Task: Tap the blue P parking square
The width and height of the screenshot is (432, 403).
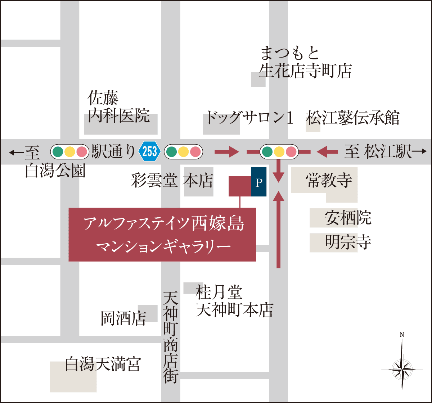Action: click(258, 182)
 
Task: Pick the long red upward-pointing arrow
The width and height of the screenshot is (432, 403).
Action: click(278, 230)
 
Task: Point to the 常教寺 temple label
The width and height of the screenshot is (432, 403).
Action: click(329, 180)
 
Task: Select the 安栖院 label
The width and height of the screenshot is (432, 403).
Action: click(348, 218)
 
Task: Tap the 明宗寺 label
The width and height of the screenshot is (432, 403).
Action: click(348, 242)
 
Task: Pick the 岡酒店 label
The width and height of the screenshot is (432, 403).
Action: click(123, 318)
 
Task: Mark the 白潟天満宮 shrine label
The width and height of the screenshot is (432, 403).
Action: click(102, 364)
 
